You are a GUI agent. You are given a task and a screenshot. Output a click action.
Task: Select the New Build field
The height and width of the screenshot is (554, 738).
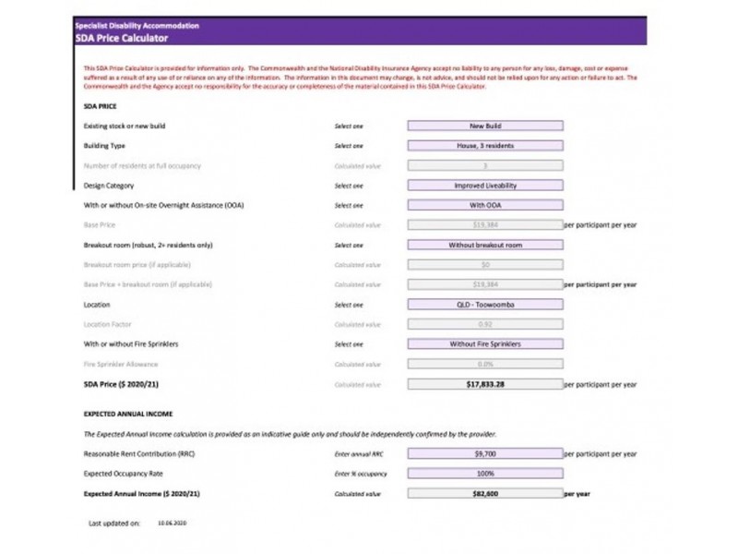(485, 126)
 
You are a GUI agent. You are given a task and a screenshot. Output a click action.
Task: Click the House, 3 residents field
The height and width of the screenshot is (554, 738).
(485, 146)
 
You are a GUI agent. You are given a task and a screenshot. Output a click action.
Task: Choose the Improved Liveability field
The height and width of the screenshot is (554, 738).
(485, 186)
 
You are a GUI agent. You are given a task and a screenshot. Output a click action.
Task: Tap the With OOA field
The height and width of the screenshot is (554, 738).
(485, 205)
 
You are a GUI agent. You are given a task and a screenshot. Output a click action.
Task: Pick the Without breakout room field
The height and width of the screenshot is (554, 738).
(485, 246)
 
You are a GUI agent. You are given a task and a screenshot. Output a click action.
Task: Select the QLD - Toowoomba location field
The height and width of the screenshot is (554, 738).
(485, 305)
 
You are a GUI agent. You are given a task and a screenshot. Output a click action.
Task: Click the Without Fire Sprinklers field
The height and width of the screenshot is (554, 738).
(485, 344)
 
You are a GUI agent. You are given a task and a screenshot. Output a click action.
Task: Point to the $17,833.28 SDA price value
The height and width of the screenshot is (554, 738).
(485, 384)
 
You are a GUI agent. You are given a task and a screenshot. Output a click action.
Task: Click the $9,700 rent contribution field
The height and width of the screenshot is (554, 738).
(485, 454)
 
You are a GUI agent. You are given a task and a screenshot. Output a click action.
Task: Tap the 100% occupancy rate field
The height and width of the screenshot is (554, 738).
(485, 474)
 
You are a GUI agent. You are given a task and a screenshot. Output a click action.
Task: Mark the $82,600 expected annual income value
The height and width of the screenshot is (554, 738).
(485, 494)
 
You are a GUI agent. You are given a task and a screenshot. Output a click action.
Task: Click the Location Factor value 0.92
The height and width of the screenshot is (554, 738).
(485, 324)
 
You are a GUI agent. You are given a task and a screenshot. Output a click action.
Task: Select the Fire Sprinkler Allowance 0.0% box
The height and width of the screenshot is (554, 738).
(485, 364)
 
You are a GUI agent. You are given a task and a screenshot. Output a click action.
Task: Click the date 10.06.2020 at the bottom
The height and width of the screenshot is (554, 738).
(173, 523)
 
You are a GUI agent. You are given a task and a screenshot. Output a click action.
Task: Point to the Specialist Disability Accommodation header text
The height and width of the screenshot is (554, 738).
(136, 26)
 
